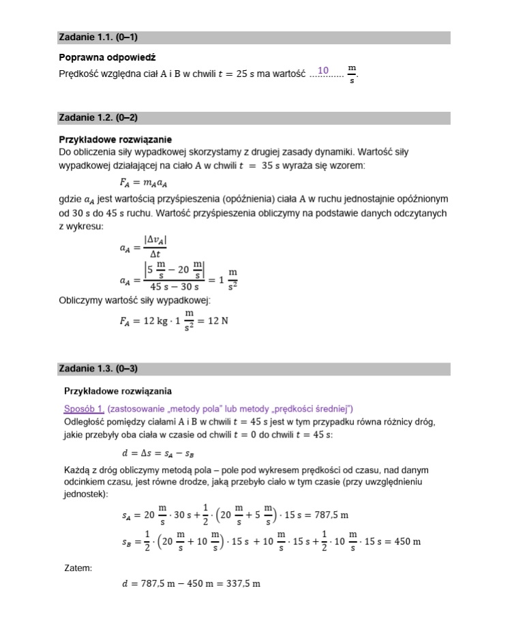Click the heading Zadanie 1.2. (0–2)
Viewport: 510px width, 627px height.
pyautogui.click(x=99, y=117)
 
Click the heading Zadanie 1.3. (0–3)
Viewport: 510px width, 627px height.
pyautogui.click(x=99, y=369)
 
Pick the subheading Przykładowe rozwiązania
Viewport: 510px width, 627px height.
pyautogui.click(x=117, y=391)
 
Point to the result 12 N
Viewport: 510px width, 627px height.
pyautogui.click(x=217, y=321)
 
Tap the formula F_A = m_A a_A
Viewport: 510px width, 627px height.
pyautogui.click(x=143, y=182)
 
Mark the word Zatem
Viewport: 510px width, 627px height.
pyautogui.click(x=78, y=567)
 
